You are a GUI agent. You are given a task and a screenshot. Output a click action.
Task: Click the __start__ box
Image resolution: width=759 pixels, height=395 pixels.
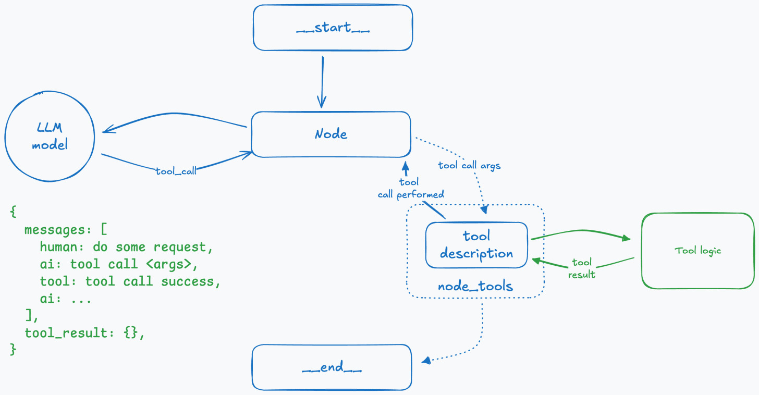(x=333, y=28)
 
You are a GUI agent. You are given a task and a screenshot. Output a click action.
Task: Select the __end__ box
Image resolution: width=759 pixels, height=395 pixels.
(x=332, y=367)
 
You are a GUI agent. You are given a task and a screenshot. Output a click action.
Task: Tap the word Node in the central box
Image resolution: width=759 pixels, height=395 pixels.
(x=331, y=134)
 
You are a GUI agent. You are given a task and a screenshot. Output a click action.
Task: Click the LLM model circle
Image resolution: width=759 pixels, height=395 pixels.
(x=50, y=137)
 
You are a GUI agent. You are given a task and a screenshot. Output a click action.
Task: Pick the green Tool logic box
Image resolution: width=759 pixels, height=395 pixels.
(x=697, y=251)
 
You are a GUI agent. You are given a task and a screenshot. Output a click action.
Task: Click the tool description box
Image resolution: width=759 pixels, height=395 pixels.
(x=476, y=245)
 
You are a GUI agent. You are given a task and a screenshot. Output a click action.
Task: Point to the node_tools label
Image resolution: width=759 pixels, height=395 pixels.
(x=475, y=286)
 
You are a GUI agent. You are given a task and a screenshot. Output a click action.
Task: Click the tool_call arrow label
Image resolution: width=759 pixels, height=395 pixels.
(x=176, y=170)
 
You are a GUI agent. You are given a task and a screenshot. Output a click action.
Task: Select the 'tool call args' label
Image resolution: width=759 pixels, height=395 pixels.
(x=469, y=165)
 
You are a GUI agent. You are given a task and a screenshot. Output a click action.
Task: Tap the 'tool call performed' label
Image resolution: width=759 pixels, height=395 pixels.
(x=411, y=189)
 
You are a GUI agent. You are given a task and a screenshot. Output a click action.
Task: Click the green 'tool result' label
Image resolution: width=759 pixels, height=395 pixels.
(x=582, y=268)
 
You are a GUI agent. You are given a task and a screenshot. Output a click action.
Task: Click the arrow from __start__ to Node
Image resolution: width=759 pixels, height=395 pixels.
(x=322, y=81)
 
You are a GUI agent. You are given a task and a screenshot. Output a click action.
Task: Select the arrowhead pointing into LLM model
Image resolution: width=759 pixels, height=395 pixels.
(x=107, y=131)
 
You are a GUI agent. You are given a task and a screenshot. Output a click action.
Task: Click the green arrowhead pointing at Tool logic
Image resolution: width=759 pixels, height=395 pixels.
(x=626, y=239)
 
